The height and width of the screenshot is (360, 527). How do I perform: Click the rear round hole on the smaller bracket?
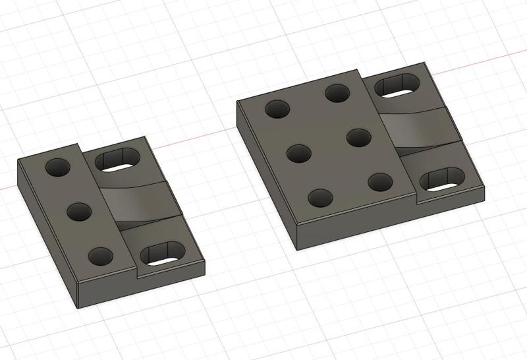[x=57, y=167]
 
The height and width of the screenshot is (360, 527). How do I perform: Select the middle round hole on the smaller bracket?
[x=79, y=212]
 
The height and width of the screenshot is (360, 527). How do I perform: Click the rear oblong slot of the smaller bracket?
[x=119, y=160]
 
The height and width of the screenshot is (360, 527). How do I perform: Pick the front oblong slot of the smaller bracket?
[x=163, y=253]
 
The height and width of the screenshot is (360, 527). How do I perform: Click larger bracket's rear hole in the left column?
[x=277, y=109]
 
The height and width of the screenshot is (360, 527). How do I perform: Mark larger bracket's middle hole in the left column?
[x=299, y=154]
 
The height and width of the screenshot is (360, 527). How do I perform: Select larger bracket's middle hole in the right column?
[x=358, y=138]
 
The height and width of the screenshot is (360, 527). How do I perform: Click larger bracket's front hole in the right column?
[x=380, y=181]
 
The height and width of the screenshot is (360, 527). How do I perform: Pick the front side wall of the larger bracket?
[x=389, y=222]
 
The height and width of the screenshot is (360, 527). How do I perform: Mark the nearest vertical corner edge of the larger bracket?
[x=297, y=236]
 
